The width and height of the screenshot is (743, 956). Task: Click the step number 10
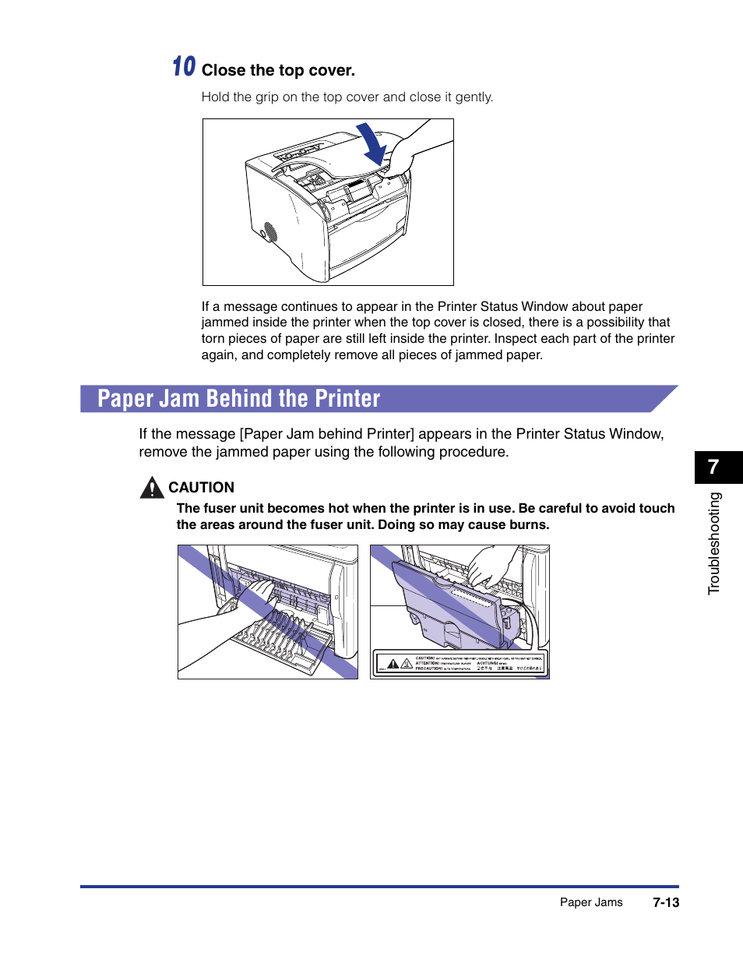tap(184, 67)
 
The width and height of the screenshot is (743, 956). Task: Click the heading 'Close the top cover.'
tap(278, 71)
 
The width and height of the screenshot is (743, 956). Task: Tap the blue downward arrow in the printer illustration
tap(373, 145)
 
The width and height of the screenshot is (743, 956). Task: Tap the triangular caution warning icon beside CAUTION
tap(152, 488)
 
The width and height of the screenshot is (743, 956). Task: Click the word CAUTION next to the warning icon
tap(201, 488)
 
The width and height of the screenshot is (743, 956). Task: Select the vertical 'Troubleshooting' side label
tap(715, 543)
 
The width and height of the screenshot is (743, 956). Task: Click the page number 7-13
tap(666, 902)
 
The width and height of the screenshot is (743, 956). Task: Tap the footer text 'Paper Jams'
tap(591, 902)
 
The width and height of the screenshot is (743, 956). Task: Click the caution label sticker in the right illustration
tap(460, 662)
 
